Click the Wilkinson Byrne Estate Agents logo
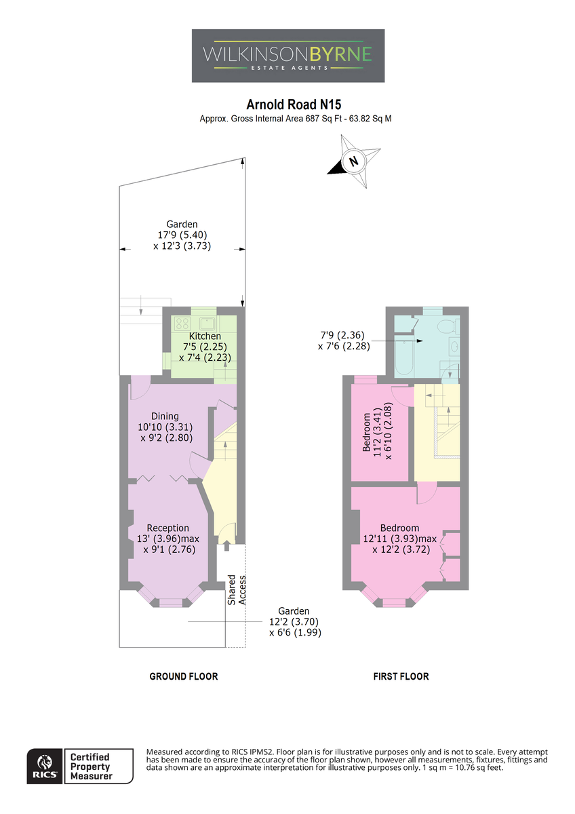287,56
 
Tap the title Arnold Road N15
294,104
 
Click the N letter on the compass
353,161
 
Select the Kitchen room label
205,336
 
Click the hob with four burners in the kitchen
182,323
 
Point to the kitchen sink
207,322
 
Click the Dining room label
165,416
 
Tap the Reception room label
167,528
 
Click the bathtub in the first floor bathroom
403,355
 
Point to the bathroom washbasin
454,347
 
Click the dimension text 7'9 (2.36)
342,334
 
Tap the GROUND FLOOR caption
184,676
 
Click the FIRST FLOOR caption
401,676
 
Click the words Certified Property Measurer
91,767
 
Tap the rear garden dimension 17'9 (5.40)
182,235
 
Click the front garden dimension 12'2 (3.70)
294,622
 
